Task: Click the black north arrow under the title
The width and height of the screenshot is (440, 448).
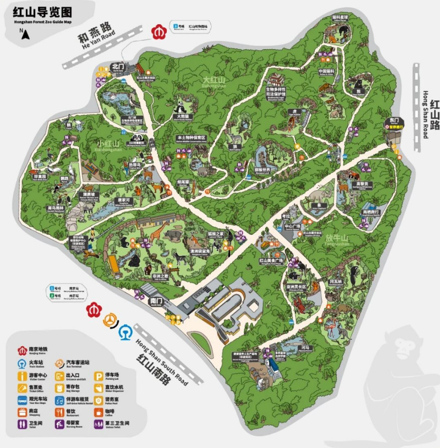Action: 22,34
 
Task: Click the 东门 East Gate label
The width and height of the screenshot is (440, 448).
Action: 395,120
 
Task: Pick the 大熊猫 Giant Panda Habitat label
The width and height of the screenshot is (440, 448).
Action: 182,116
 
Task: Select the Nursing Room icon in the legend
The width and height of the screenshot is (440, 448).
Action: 60,424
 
